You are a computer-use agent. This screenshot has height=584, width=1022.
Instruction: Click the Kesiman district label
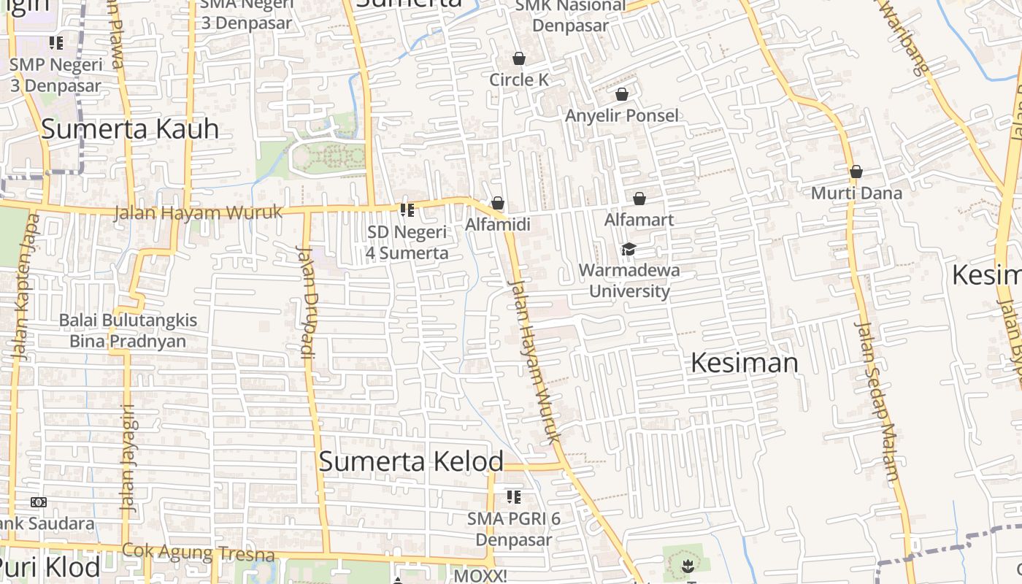tap(744, 363)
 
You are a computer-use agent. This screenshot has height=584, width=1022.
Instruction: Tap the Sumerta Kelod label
tap(411, 461)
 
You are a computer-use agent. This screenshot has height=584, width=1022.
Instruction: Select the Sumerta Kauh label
tap(130, 128)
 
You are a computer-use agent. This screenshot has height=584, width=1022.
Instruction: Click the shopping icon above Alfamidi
tap(498, 203)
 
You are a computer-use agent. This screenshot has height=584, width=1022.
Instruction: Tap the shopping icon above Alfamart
tap(639, 199)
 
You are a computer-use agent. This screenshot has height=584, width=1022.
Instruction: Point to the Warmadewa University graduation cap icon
tap(628, 250)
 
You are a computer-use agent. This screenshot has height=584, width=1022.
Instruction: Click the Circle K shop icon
tap(519, 58)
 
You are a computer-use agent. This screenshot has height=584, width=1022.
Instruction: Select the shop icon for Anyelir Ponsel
tap(622, 94)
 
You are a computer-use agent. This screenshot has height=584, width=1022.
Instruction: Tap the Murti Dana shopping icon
tap(856, 172)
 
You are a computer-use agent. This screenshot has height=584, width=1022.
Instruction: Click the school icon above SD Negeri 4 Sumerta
tap(407, 210)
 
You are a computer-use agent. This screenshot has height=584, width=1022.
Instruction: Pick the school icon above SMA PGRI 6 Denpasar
tap(514, 497)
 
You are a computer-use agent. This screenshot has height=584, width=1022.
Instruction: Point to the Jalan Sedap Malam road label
tap(877, 401)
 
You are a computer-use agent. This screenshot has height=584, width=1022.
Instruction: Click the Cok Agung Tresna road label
tap(198, 553)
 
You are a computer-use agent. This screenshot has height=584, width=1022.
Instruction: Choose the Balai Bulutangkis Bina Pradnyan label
tap(128, 331)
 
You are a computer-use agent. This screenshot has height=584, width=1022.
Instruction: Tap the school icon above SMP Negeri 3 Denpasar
tap(56, 43)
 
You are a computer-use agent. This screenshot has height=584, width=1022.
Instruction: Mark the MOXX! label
tap(480, 576)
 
